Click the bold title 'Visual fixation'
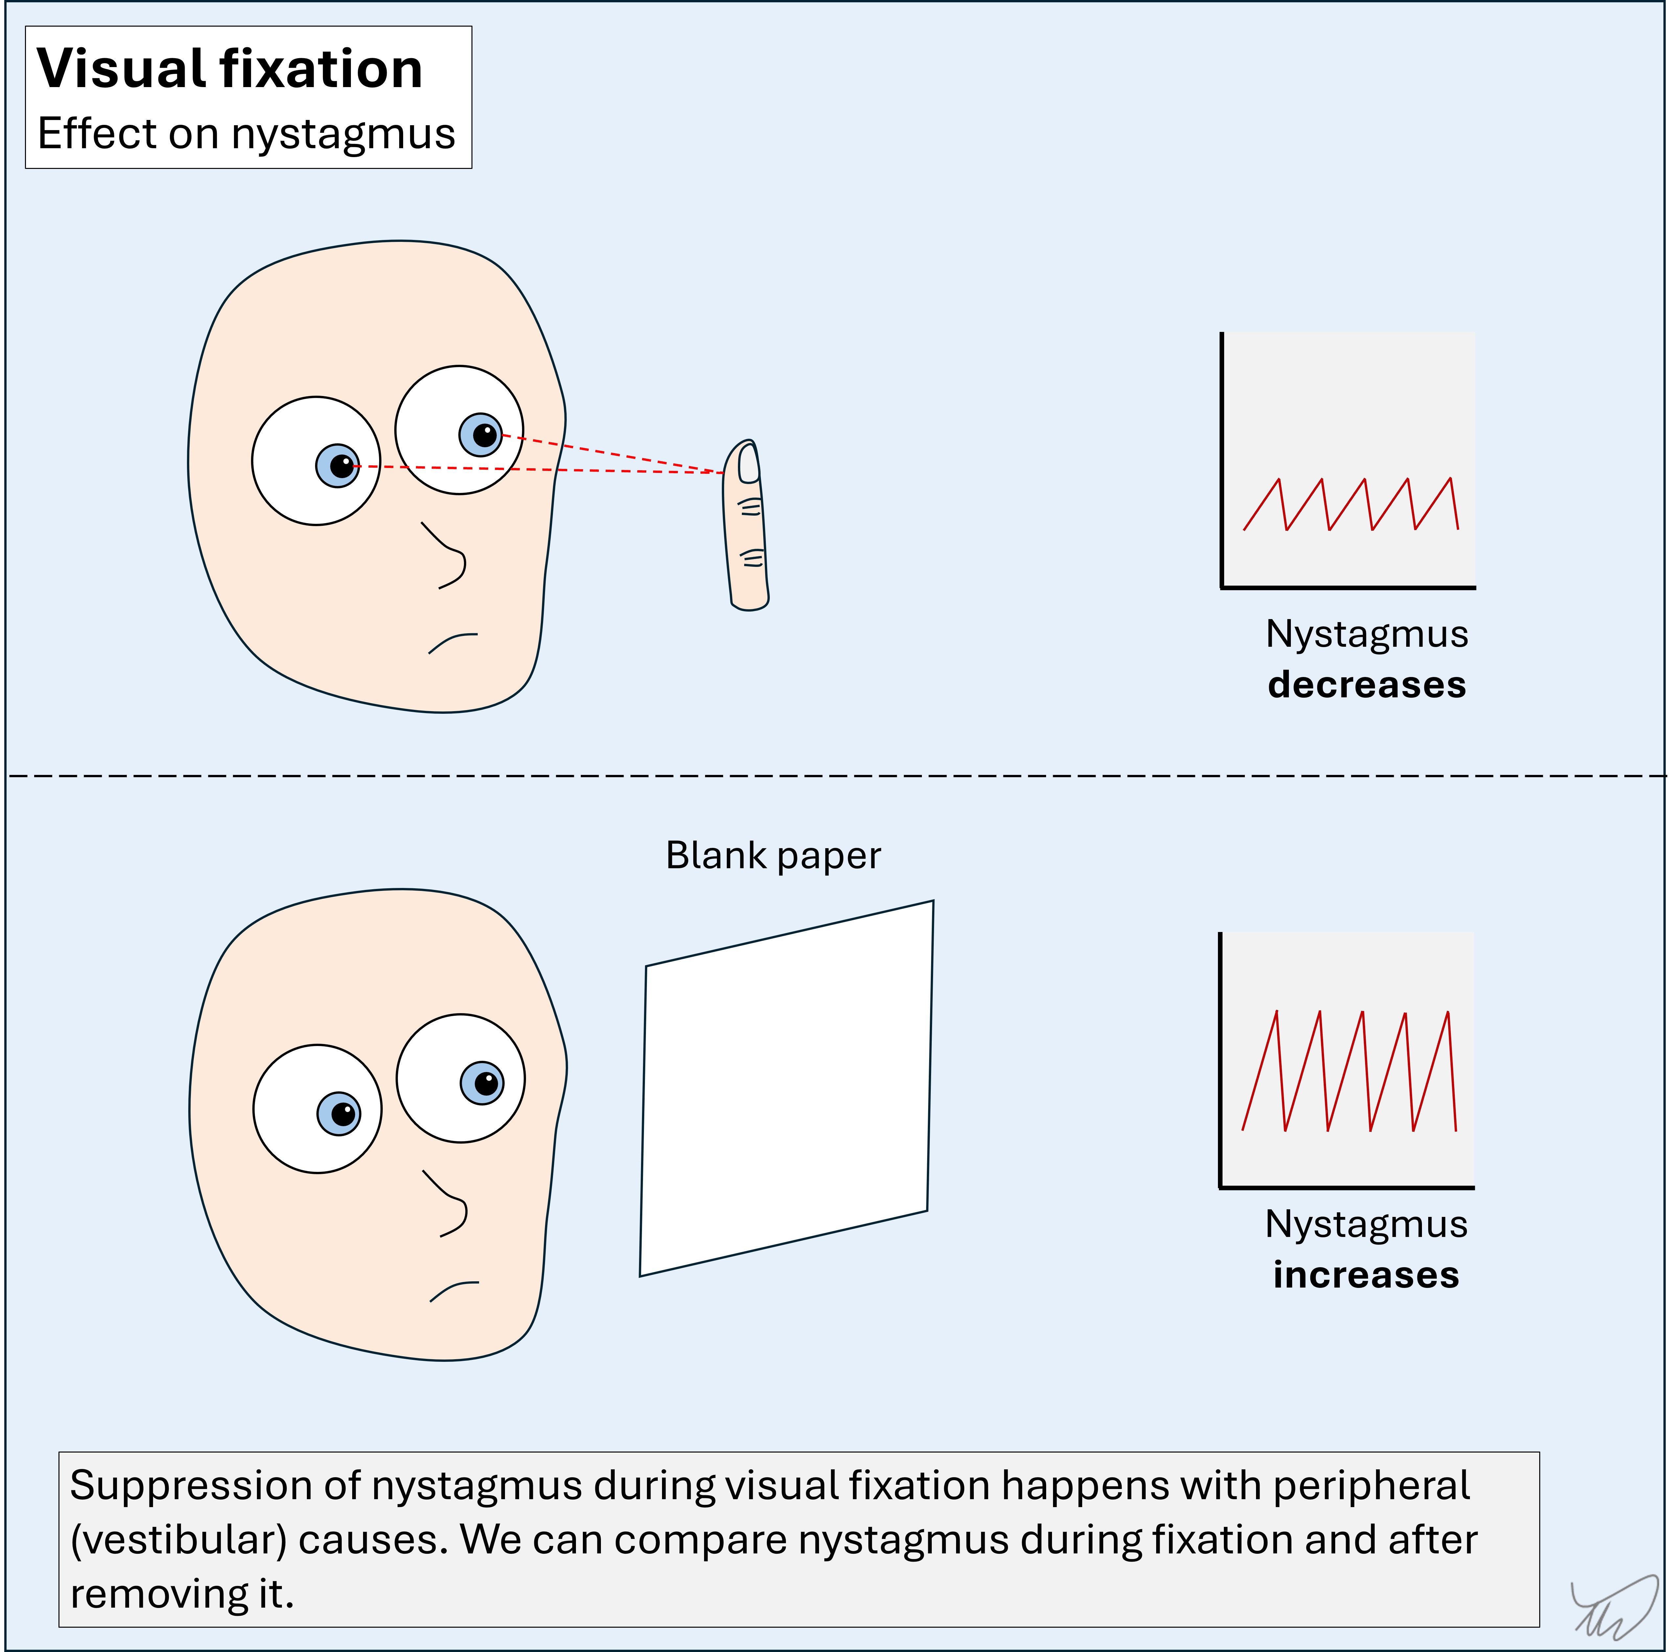[230, 69]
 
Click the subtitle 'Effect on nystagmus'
[246, 134]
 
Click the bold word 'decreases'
[1367, 685]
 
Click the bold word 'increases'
[1366, 1275]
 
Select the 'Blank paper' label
[773, 856]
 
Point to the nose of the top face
[449, 558]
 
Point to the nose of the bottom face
[451, 1206]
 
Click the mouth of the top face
[452, 642]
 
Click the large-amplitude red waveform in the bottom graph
[1348, 1072]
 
